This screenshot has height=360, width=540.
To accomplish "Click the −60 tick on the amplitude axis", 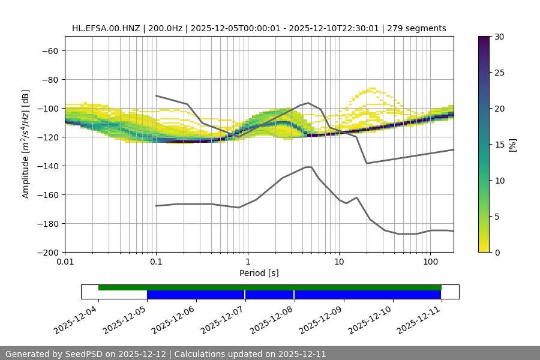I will click(x=49, y=50).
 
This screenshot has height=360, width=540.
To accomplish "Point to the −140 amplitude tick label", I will click(x=47, y=166).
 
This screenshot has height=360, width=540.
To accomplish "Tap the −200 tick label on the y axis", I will click(x=47, y=252).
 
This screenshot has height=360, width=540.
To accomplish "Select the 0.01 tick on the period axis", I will click(x=65, y=262).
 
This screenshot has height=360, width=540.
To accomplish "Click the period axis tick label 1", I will click(x=247, y=262).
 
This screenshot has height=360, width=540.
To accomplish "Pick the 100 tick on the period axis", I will click(x=430, y=262).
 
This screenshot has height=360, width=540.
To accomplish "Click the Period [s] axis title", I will click(x=259, y=273).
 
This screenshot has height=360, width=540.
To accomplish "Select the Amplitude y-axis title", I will click(x=26, y=144).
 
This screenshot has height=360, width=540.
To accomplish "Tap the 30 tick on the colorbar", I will click(x=499, y=37).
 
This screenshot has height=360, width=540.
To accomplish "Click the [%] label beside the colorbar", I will click(x=512, y=145).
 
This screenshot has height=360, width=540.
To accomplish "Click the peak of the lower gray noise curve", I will click(x=308, y=167).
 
